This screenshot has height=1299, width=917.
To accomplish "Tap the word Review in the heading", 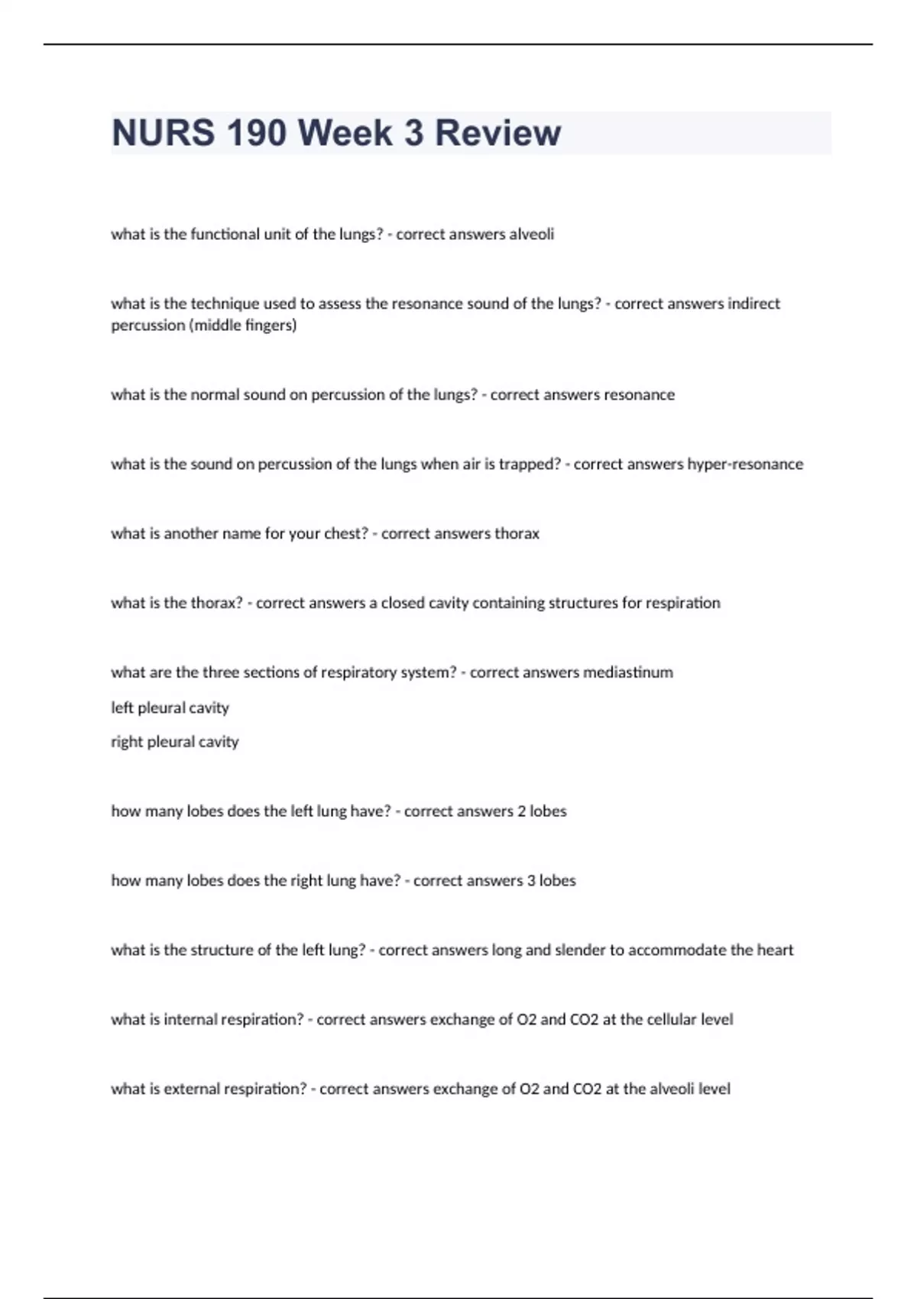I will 497,133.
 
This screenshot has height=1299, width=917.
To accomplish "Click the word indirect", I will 753,303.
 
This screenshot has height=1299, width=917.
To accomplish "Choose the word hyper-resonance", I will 745,464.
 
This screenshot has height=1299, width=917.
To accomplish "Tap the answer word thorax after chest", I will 517,533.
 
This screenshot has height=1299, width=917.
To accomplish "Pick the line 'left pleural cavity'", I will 170,708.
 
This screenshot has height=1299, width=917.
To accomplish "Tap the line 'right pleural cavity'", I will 174,741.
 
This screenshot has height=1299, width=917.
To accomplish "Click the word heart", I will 775,950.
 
